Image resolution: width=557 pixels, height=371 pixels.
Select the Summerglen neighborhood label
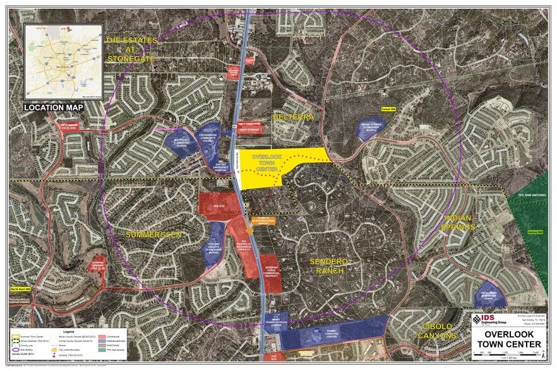[153, 235]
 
